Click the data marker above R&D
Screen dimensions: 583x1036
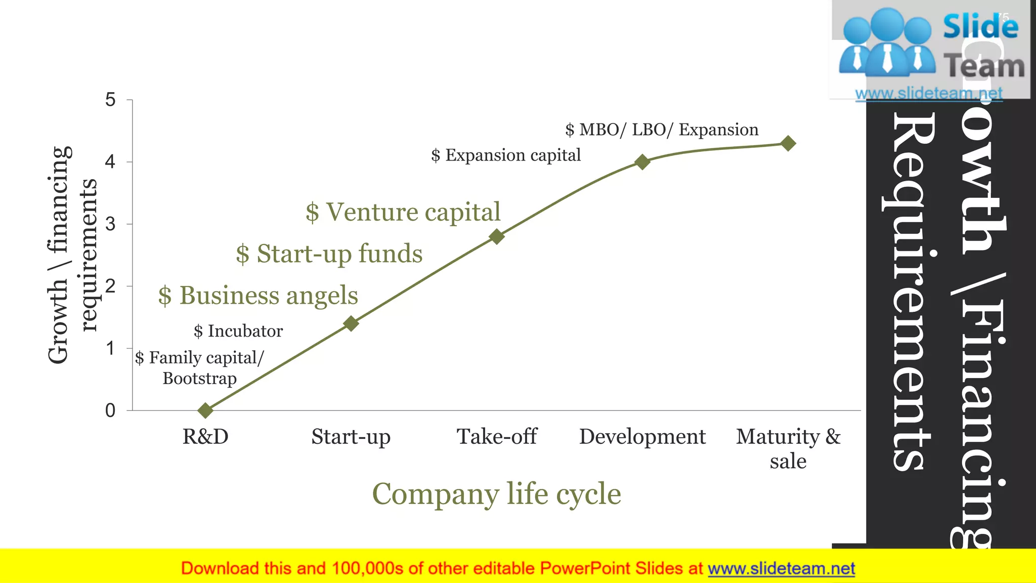205,410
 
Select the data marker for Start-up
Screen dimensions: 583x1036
351,323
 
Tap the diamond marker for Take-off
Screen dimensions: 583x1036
497,236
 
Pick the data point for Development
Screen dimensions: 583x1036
642,162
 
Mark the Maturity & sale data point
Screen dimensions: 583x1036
788,143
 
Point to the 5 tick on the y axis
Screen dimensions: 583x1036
110,100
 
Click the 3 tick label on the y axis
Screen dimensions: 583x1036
110,224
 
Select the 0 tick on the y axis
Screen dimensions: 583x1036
110,410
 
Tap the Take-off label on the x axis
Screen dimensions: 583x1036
497,436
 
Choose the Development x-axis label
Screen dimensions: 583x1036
642,436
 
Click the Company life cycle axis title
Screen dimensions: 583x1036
496,494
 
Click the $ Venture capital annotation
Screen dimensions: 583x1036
403,212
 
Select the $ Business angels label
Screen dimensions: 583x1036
258,296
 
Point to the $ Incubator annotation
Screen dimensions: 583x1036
238,331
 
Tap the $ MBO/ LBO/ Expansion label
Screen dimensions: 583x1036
662,130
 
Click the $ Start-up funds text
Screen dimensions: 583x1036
329,254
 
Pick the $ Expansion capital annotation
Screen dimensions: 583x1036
506,155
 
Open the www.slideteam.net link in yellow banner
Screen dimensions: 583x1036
781,569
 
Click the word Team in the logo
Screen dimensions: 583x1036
984,66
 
